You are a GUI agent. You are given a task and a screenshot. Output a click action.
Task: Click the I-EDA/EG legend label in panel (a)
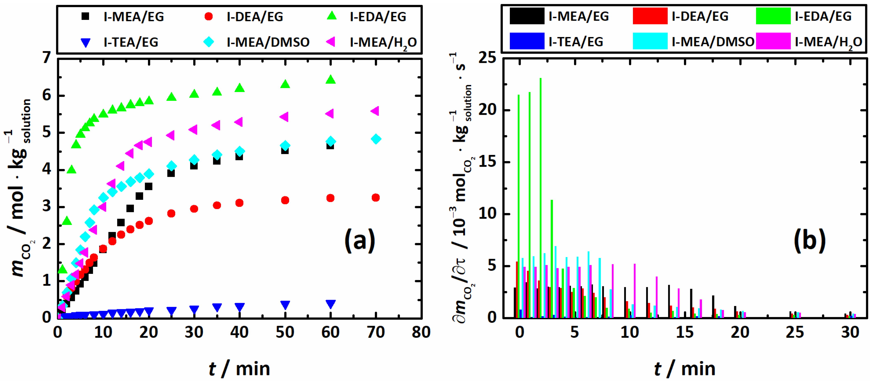coord(378,17)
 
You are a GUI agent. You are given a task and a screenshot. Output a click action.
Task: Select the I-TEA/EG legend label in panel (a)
coord(131,42)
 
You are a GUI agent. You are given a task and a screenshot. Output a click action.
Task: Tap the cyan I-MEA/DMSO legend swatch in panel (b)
coord(650,41)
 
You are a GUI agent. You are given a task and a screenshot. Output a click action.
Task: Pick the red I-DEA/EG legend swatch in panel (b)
coord(650,16)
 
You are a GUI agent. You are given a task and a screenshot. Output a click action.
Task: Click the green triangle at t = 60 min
coord(330,79)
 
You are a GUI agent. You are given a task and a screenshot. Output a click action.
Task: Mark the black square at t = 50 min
coord(285,150)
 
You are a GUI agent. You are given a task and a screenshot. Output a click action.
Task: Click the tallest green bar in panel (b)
coord(541,198)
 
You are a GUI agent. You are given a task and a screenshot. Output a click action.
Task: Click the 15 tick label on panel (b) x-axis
coord(685,332)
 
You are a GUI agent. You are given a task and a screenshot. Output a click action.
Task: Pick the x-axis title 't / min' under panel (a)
coord(239,368)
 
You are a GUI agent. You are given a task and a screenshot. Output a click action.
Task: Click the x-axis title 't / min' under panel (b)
coord(685,368)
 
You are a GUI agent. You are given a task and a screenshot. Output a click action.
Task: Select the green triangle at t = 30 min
coord(194,94)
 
